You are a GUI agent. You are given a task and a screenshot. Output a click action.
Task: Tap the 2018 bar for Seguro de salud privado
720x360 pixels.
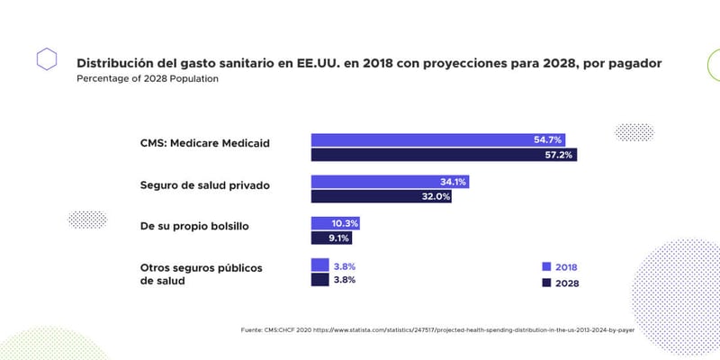pos(390,182)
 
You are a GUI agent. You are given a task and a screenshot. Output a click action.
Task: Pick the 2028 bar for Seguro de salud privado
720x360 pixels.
pos(382,196)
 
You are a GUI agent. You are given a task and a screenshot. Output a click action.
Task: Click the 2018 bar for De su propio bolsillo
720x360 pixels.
pos(337,223)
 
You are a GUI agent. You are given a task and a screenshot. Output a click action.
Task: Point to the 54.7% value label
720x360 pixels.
pos(547,139)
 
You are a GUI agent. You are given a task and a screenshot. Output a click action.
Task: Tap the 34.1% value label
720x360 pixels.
pos(452,182)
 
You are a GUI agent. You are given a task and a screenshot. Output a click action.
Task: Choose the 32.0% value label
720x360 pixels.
pos(436,196)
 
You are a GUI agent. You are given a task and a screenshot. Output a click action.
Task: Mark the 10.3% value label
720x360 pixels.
pos(346,223)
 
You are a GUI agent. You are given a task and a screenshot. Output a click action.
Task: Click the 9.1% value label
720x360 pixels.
pos(338,238)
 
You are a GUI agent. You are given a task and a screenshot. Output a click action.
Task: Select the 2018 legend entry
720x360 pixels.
pos(560,267)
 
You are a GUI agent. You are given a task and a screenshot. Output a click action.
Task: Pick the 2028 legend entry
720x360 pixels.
pos(560,283)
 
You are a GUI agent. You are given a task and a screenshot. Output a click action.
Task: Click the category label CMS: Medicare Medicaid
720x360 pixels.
pos(205,143)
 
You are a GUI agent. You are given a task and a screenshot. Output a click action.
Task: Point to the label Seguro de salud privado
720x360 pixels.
pos(205,185)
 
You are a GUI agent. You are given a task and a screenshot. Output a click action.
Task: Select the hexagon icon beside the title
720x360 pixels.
pos(47,60)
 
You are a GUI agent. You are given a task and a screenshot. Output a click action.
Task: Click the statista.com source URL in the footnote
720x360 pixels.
pos(477,329)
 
